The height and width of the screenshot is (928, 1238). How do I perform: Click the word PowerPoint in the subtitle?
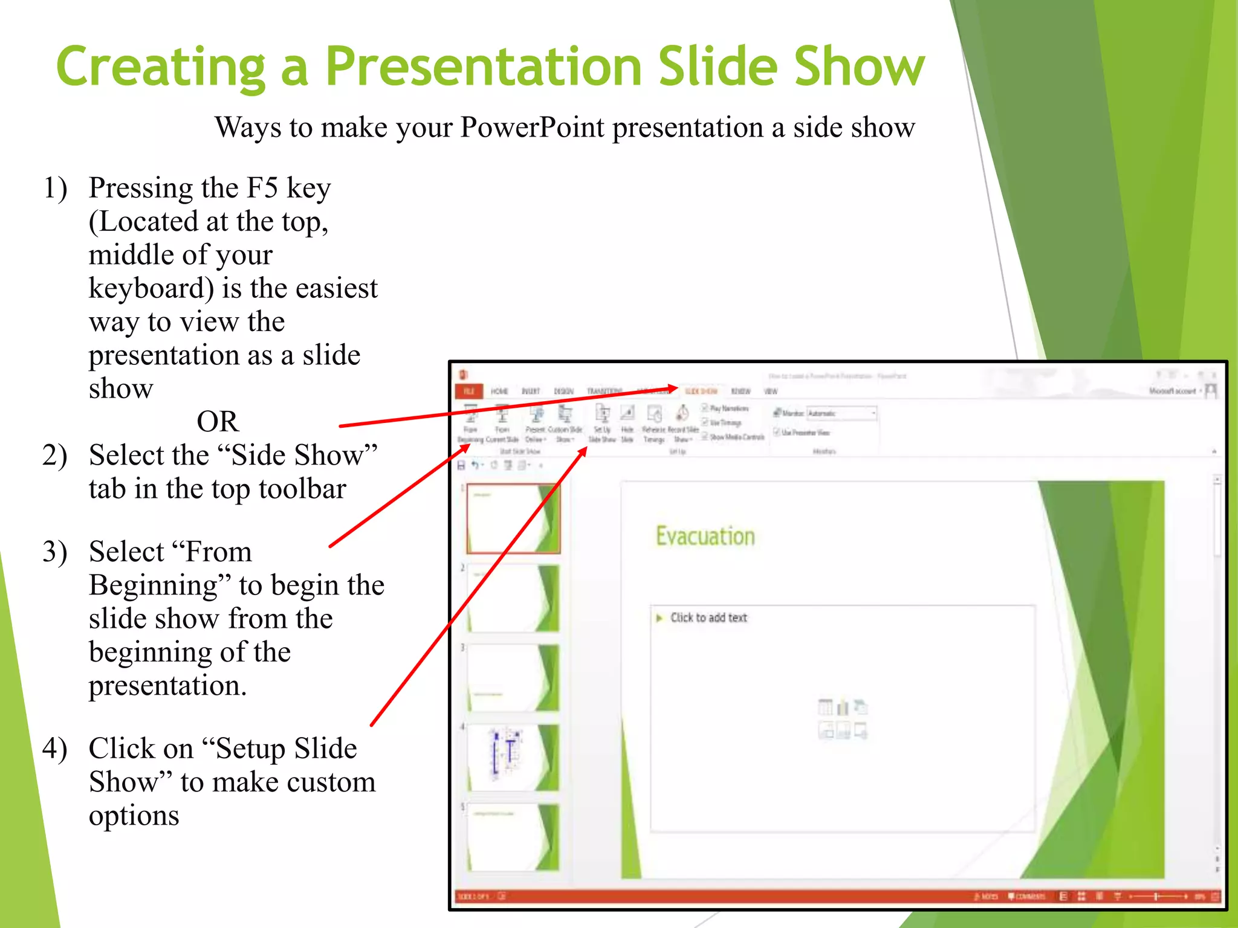point(532,127)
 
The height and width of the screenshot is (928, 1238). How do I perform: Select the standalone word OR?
point(218,421)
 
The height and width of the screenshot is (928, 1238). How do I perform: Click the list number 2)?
point(55,455)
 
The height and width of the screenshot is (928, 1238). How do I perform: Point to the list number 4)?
point(55,749)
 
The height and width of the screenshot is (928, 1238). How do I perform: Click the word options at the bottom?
point(134,816)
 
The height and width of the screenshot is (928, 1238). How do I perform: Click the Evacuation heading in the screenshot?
point(705,536)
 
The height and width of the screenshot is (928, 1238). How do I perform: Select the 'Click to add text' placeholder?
point(708,617)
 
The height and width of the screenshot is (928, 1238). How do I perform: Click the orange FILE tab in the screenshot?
point(468,391)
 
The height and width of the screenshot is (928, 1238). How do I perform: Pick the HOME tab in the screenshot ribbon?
point(499,391)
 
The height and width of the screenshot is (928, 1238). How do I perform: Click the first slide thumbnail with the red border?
point(513,518)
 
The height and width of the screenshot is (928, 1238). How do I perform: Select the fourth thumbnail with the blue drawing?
point(513,756)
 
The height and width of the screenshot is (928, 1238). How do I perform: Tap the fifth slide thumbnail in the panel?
point(513,837)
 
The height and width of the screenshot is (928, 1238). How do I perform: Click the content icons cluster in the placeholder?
point(843,719)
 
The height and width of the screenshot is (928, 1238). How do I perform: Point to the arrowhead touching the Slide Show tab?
point(673,388)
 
